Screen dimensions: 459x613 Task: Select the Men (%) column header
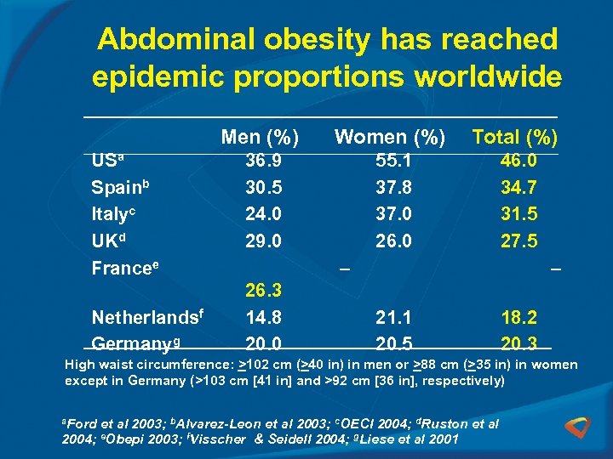click(260, 137)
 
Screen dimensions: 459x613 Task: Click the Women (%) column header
click(390, 137)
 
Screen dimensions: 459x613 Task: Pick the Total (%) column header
click(514, 137)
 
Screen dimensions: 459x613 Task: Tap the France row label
click(124, 268)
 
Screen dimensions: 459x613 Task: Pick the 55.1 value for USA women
click(393, 161)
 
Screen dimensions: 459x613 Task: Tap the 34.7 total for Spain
click(519, 187)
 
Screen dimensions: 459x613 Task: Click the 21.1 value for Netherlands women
click(393, 318)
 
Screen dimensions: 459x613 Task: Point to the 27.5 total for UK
click(519, 241)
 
